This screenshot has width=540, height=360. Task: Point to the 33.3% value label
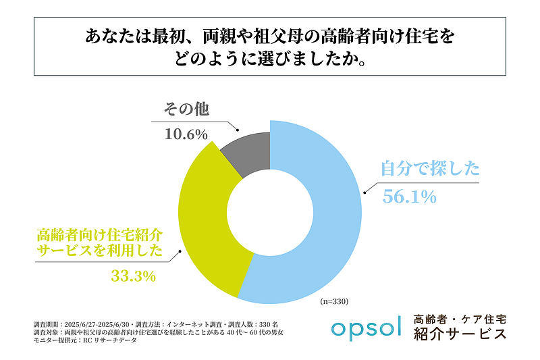coord(134,276)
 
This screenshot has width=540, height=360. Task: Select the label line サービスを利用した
coord(99,251)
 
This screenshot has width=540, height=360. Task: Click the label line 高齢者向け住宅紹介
coord(99,235)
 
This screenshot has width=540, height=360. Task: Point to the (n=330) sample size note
coord(333,301)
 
